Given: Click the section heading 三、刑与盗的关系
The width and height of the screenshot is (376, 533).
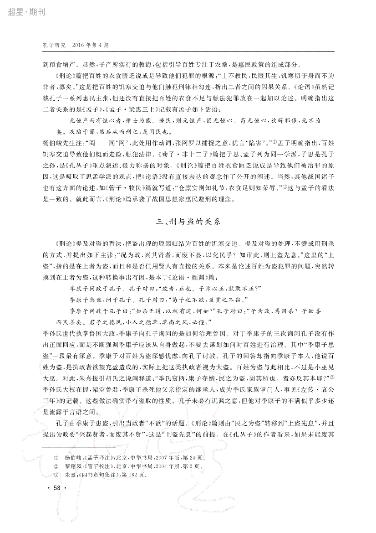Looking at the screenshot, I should (x=188, y=222).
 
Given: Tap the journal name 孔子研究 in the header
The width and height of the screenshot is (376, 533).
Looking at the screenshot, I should (x=54, y=45).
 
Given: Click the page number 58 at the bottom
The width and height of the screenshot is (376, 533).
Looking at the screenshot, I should (x=57, y=488).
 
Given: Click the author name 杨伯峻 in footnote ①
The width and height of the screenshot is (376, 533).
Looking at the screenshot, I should (x=73, y=457).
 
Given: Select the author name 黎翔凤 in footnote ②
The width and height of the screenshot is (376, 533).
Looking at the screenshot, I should (x=73, y=466).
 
